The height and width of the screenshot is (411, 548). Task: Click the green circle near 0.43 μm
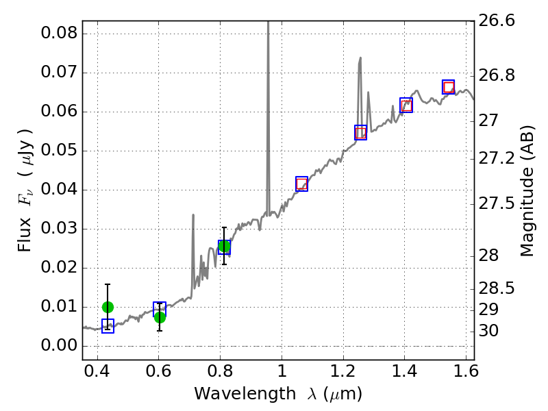coord(108,307)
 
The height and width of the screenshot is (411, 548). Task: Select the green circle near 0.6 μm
coord(160,316)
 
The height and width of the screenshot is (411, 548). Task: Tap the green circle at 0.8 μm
coord(224,247)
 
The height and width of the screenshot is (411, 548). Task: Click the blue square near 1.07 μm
coord(301,184)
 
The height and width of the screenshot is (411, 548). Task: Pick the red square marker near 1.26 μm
coord(361,132)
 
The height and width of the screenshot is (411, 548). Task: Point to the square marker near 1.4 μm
coord(406,105)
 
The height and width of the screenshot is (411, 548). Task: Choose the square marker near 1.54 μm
coord(449,87)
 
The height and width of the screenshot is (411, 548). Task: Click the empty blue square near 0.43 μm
coord(108,326)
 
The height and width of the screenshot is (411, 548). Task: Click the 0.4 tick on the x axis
coord(97,374)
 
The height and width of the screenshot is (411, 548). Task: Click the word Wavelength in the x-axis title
coord(235,394)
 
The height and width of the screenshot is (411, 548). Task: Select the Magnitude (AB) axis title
coord(527,190)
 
